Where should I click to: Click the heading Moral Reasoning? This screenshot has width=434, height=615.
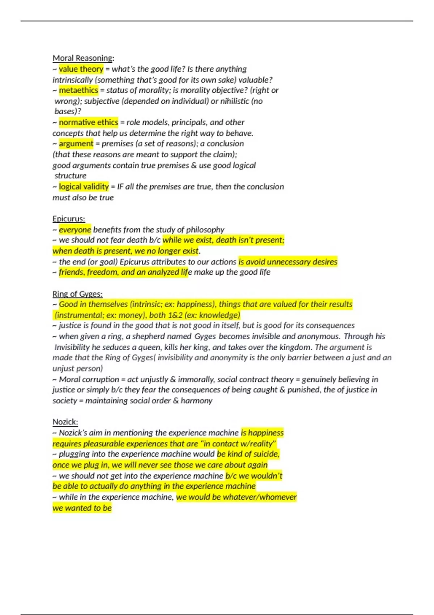(83, 58)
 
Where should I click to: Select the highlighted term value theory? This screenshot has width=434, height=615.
(81, 69)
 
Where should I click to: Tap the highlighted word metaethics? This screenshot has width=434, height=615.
(78, 90)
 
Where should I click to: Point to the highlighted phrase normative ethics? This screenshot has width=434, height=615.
(89, 122)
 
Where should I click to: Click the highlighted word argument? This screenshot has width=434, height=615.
(76, 144)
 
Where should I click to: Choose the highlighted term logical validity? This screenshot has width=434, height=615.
(84, 187)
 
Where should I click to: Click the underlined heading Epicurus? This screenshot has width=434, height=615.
(68, 219)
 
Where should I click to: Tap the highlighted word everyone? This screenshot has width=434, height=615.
(75, 229)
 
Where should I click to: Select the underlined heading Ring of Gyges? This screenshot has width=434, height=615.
(77, 294)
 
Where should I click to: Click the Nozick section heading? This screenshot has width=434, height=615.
(65, 422)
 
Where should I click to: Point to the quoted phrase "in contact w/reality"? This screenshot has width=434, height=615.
(238, 444)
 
